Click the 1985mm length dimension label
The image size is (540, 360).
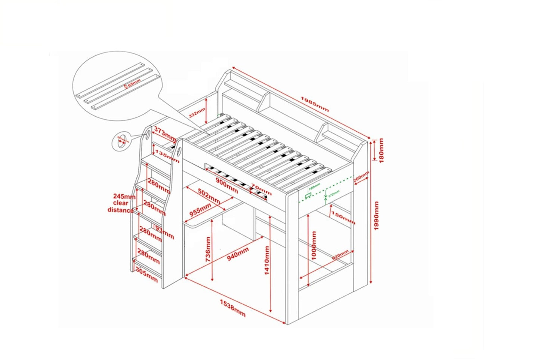coord(315,104)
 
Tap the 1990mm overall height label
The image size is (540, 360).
coord(376,216)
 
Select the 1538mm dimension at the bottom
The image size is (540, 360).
coord(232,308)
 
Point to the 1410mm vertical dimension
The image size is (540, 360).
coord(267,260)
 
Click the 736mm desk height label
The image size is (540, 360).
coord(208,249)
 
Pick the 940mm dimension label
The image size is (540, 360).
coord(238,255)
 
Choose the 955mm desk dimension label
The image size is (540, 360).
coord(200,210)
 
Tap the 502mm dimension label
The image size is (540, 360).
coord(209,196)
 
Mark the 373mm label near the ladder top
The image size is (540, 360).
coord(165,135)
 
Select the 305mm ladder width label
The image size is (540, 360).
coord(146,274)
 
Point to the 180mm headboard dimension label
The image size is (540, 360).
coord(381,150)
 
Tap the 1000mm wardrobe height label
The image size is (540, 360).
coord(314,245)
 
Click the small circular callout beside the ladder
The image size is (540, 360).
coord(122,141)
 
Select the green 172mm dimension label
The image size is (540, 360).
coord(334,193)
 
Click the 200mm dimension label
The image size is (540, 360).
coord(361,176)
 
